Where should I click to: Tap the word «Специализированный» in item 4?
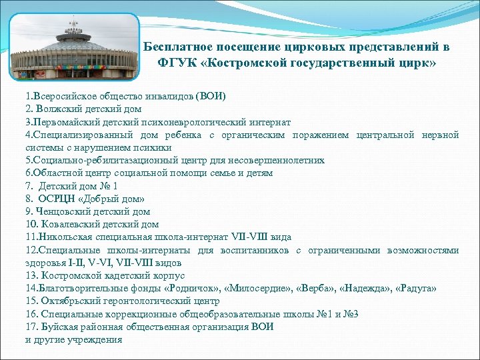coord(79,135)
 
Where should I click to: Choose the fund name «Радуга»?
coord(419,289)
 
